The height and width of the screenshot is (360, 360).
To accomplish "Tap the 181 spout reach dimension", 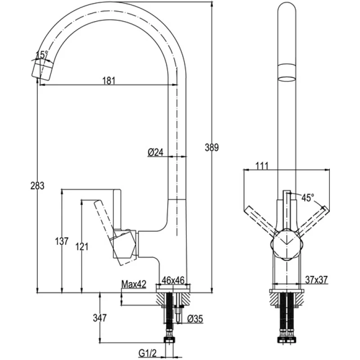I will pyautogui.click(x=109, y=81).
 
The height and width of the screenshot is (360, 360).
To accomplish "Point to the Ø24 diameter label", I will pyautogui.click(x=155, y=153).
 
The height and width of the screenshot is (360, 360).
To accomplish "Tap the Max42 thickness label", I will pyautogui.click(x=134, y=284).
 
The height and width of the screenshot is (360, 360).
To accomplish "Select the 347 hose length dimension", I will pyautogui.click(x=100, y=318).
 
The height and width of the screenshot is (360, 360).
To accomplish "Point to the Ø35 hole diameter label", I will pyautogui.click(x=195, y=319).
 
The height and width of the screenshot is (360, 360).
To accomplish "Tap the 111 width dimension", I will pyautogui.click(x=262, y=166).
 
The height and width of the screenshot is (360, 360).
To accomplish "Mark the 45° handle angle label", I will pyautogui.click(x=308, y=198).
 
